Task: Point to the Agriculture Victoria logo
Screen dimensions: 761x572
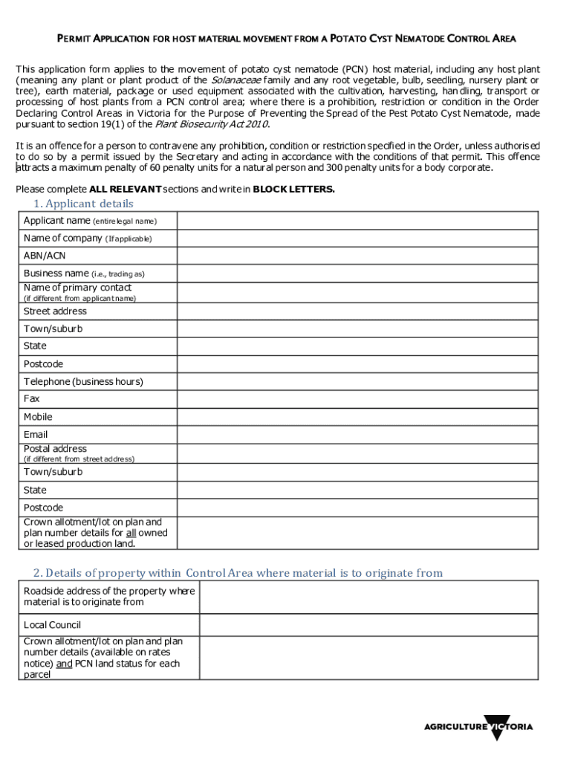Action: (x=478, y=727)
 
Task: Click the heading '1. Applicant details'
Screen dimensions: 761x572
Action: (x=83, y=204)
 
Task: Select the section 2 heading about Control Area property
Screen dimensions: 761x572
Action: (x=238, y=573)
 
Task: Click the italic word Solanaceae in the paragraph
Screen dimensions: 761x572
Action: (x=235, y=80)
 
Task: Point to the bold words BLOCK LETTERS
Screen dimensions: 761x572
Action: (x=293, y=190)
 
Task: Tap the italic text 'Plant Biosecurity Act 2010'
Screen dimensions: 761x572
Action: (x=206, y=124)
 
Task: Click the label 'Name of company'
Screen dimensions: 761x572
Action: (x=63, y=239)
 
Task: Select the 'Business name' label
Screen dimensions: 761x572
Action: (x=56, y=273)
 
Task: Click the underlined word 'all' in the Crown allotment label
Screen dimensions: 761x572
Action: (x=130, y=533)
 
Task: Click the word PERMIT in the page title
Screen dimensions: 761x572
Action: (x=74, y=39)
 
